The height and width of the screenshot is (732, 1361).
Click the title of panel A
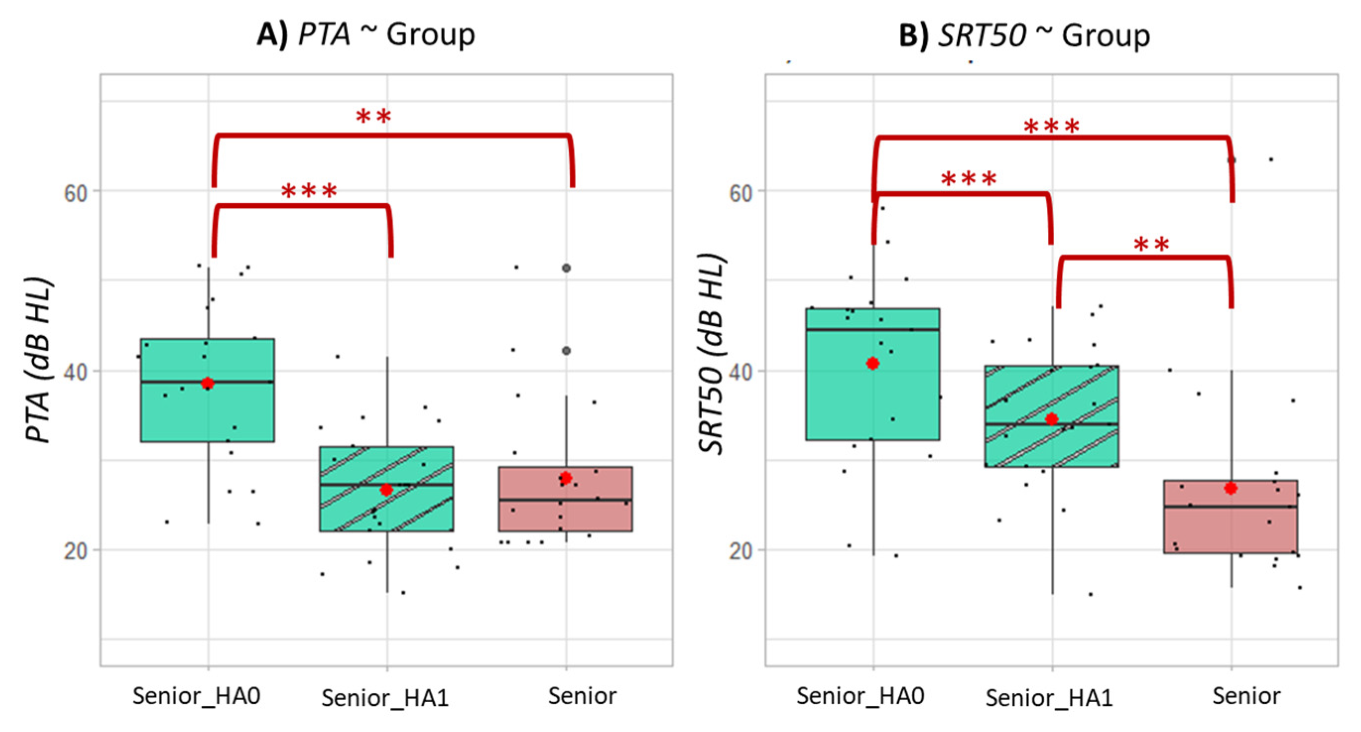click(x=366, y=35)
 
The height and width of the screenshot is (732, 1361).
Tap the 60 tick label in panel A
click(x=75, y=193)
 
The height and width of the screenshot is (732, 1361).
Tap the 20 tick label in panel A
click(x=75, y=551)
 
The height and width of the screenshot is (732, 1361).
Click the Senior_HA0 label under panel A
click(x=196, y=696)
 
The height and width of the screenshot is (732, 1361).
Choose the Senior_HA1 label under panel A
click(x=385, y=698)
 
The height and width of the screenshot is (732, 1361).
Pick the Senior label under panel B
click(x=1246, y=696)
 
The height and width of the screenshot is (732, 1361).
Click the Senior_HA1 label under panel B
click(x=1050, y=698)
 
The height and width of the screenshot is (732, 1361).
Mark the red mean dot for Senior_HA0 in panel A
click(x=208, y=383)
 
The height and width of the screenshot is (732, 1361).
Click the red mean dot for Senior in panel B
click(x=1231, y=488)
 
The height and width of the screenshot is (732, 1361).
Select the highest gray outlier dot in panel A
click(x=566, y=268)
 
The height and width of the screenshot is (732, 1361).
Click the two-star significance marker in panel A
click(x=373, y=116)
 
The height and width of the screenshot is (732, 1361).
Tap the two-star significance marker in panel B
click(x=1152, y=244)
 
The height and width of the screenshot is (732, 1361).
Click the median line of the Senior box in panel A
click(x=565, y=499)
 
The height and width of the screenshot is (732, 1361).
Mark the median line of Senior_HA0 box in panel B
click(x=872, y=330)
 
